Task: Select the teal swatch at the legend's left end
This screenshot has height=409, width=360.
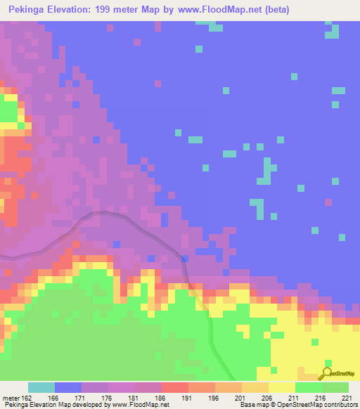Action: tap(41, 388)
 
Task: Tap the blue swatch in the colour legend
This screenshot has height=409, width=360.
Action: tap(67, 388)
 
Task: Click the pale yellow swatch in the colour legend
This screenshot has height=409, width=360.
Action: tap(281, 388)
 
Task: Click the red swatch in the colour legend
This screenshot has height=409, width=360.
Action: tap(174, 388)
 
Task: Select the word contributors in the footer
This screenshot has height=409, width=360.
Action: tap(341, 405)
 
